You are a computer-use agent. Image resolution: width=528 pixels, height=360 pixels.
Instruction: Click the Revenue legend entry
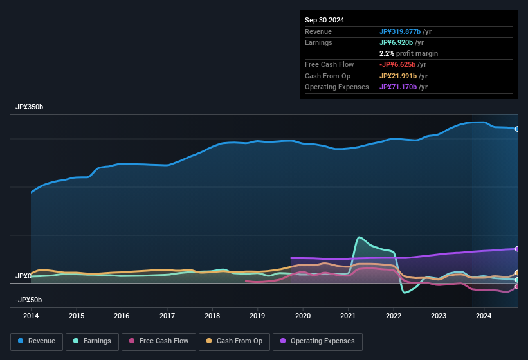37,341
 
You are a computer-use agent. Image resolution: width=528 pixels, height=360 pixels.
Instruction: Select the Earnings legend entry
93,341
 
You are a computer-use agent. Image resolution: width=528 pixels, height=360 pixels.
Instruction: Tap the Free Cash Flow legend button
158,341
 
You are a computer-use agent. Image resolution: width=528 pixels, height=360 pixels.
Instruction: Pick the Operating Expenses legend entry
318,341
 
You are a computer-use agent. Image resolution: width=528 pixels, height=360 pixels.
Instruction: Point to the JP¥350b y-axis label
30,107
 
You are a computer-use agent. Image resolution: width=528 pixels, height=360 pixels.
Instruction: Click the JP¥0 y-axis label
23,276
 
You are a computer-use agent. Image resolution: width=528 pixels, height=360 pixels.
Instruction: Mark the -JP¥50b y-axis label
28,300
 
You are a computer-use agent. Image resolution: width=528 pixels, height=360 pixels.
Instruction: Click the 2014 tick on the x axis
31,316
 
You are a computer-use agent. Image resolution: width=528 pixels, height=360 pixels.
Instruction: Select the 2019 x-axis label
257,316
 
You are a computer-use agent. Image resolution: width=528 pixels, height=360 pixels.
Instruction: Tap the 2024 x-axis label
484,316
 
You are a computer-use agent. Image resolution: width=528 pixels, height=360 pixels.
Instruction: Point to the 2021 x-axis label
348,316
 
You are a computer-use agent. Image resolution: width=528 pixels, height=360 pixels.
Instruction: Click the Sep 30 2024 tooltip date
324,20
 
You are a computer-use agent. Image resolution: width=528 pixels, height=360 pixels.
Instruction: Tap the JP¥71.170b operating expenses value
400,87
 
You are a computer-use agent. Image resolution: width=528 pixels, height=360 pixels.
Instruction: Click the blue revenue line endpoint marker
516,129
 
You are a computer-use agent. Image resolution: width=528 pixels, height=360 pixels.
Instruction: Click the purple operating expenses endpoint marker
516,249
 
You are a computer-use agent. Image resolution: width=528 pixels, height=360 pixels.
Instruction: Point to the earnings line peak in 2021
358,237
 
